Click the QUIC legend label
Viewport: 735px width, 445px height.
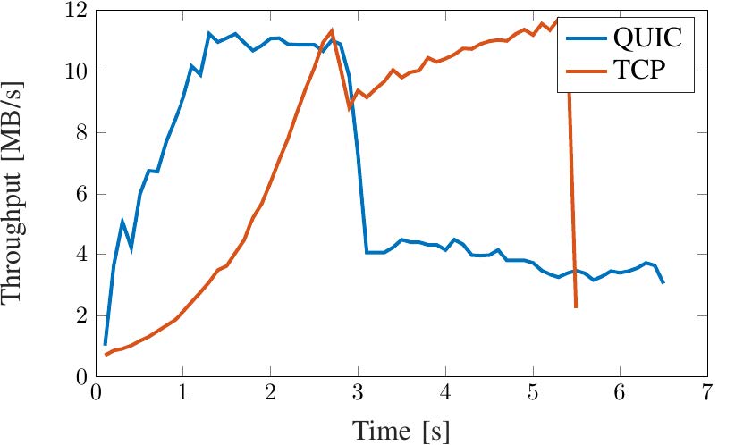pyautogui.click(x=647, y=38)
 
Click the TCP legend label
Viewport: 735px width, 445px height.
pyautogui.click(x=640, y=71)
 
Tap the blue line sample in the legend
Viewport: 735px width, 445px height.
pyautogui.click(x=584, y=38)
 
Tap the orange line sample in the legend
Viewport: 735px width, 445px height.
pyautogui.click(x=584, y=71)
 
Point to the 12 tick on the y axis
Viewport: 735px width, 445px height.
pyautogui.click(x=74, y=12)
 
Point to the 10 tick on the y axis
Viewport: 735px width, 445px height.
pyautogui.click(x=74, y=71)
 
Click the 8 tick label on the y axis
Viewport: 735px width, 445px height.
pyautogui.click(x=79, y=133)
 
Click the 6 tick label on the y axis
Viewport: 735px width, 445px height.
pyautogui.click(x=79, y=194)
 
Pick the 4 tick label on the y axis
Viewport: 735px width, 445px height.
pyautogui.click(x=79, y=255)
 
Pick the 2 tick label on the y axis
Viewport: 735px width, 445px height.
pyautogui.click(x=79, y=315)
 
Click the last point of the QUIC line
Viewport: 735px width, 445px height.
pyautogui.click(x=663, y=283)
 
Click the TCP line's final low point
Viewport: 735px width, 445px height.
pyautogui.click(x=576, y=307)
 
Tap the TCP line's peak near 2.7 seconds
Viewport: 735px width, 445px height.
pyautogui.click(x=332, y=31)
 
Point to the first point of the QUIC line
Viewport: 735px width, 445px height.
pyautogui.click(x=105, y=345)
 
